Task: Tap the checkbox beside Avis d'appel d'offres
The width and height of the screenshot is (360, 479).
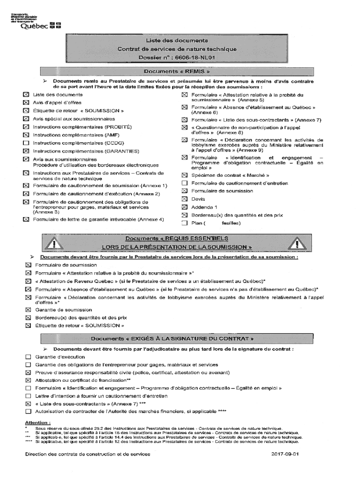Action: click(x=26, y=103)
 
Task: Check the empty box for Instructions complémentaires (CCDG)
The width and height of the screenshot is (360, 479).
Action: click(x=26, y=143)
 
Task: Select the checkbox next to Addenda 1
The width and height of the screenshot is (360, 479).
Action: click(x=184, y=207)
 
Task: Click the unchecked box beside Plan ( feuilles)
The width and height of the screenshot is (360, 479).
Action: click(x=184, y=223)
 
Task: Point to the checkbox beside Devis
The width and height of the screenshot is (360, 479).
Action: click(x=184, y=199)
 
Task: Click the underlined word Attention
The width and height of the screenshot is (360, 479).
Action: click(x=38, y=422)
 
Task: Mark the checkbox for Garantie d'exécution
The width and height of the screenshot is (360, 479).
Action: click(x=28, y=357)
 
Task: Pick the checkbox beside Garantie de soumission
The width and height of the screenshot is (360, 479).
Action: click(x=28, y=310)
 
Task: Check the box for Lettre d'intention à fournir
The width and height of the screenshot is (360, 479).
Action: click(x=28, y=396)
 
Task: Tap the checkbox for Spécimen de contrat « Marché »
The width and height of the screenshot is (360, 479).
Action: click(x=184, y=175)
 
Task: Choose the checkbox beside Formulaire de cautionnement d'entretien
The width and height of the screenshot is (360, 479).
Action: click(x=184, y=183)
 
